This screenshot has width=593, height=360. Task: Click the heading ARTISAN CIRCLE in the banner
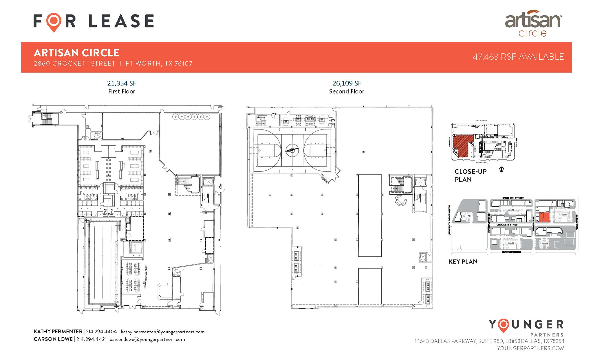(76, 53)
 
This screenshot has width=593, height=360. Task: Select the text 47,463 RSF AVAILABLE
(518, 57)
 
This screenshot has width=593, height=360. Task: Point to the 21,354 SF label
(122, 83)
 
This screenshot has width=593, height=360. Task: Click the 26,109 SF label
(347, 83)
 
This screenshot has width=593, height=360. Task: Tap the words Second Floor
(347, 92)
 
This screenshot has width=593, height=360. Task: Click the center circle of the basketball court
(292, 150)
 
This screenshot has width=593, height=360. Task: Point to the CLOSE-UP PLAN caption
(471, 176)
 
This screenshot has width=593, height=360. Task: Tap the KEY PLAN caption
(463, 262)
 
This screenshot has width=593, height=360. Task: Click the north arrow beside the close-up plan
(502, 169)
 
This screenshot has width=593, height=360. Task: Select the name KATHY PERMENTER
(58, 332)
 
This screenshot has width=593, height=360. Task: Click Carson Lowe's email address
(147, 339)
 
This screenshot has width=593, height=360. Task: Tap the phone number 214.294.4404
(101, 332)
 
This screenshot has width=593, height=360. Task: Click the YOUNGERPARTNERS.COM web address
(530, 348)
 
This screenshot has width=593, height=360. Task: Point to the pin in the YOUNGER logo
(504, 326)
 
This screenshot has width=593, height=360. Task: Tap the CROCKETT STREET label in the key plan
(507, 225)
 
